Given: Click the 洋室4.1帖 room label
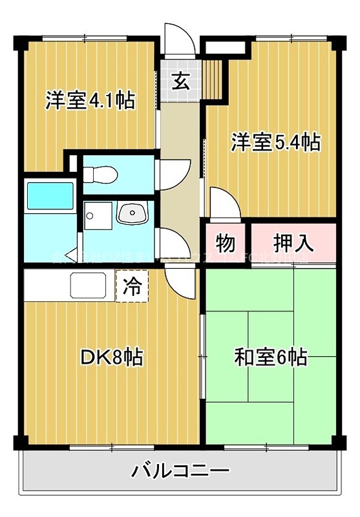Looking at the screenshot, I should pos(90,101).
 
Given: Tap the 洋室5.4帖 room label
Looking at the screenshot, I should pos(275,142).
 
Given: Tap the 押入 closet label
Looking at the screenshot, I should pos(293,244).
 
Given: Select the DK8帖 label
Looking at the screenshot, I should pos(112,356).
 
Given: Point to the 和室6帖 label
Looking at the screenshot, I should pos(270,356).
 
